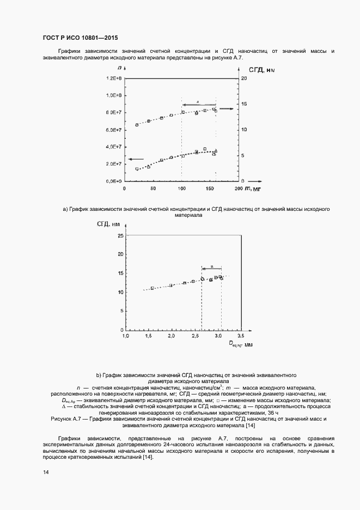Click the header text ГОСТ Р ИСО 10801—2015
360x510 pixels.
click(80, 38)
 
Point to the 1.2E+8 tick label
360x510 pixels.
click(114, 78)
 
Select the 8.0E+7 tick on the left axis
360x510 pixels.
click(114, 113)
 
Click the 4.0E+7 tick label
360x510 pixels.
click(114, 147)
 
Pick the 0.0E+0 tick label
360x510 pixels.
click(114, 181)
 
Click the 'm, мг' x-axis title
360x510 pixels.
click(251, 188)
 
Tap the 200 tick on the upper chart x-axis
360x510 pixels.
click(237, 189)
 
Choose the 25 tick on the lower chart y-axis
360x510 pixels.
click(119, 236)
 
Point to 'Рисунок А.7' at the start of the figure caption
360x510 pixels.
click(65, 418)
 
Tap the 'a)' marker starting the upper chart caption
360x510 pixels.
click(65, 209)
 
